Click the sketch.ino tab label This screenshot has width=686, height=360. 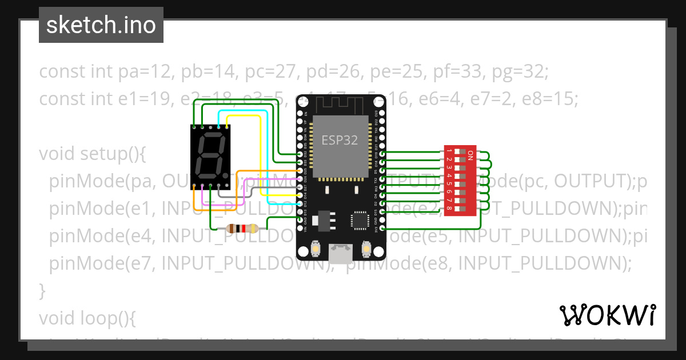click(101, 25)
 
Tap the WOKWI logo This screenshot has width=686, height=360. click(607, 315)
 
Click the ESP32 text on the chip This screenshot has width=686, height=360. click(340, 140)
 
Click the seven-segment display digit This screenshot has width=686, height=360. click(210, 156)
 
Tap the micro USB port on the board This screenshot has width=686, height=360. click(341, 254)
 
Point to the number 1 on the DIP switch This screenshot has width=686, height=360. click(449, 151)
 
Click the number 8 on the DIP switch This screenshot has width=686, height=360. click(449, 209)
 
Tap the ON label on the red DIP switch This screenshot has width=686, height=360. click(470, 154)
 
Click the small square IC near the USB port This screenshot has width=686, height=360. click(361, 220)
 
